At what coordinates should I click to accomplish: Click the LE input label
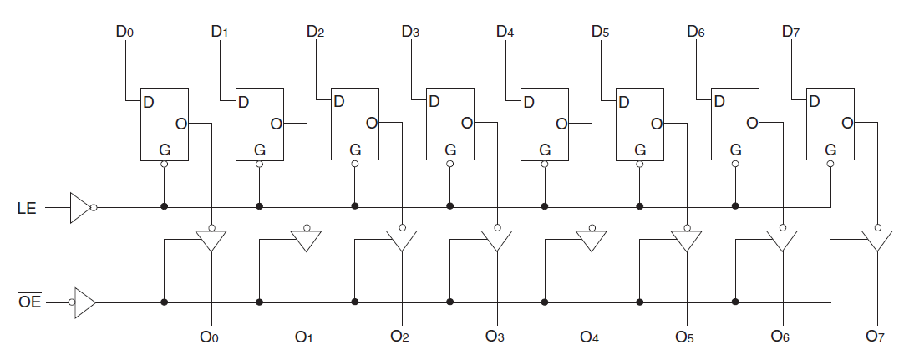click(x=27, y=208)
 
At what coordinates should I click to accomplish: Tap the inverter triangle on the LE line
click(x=80, y=208)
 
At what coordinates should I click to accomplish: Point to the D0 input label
click(x=124, y=33)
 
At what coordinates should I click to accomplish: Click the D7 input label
click(x=791, y=33)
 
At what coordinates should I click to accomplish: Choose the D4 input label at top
click(x=505, y=33)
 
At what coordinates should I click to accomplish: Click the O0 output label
click(x=209, y=338)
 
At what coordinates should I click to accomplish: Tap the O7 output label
click(x=875, y=338)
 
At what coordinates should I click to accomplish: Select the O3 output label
click(x=495, y=337)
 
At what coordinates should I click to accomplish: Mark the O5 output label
click(x=685, y=338)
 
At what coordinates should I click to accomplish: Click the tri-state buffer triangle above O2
click(x=402, y=241)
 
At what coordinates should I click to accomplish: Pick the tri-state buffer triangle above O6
click(x=782, y=241)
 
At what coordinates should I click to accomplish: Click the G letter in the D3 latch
click(x=450, y=150)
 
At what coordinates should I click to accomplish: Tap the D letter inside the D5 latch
click(x=623, y=103)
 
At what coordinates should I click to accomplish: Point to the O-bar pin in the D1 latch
click(x=277, y=123)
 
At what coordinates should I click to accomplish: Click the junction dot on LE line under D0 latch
click(x=165, y=207)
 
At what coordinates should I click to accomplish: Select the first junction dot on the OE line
click(x=165, y=302)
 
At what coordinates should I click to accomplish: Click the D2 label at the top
click(x=315, y=33)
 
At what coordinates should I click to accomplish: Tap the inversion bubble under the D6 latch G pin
click(x=735, y=165)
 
